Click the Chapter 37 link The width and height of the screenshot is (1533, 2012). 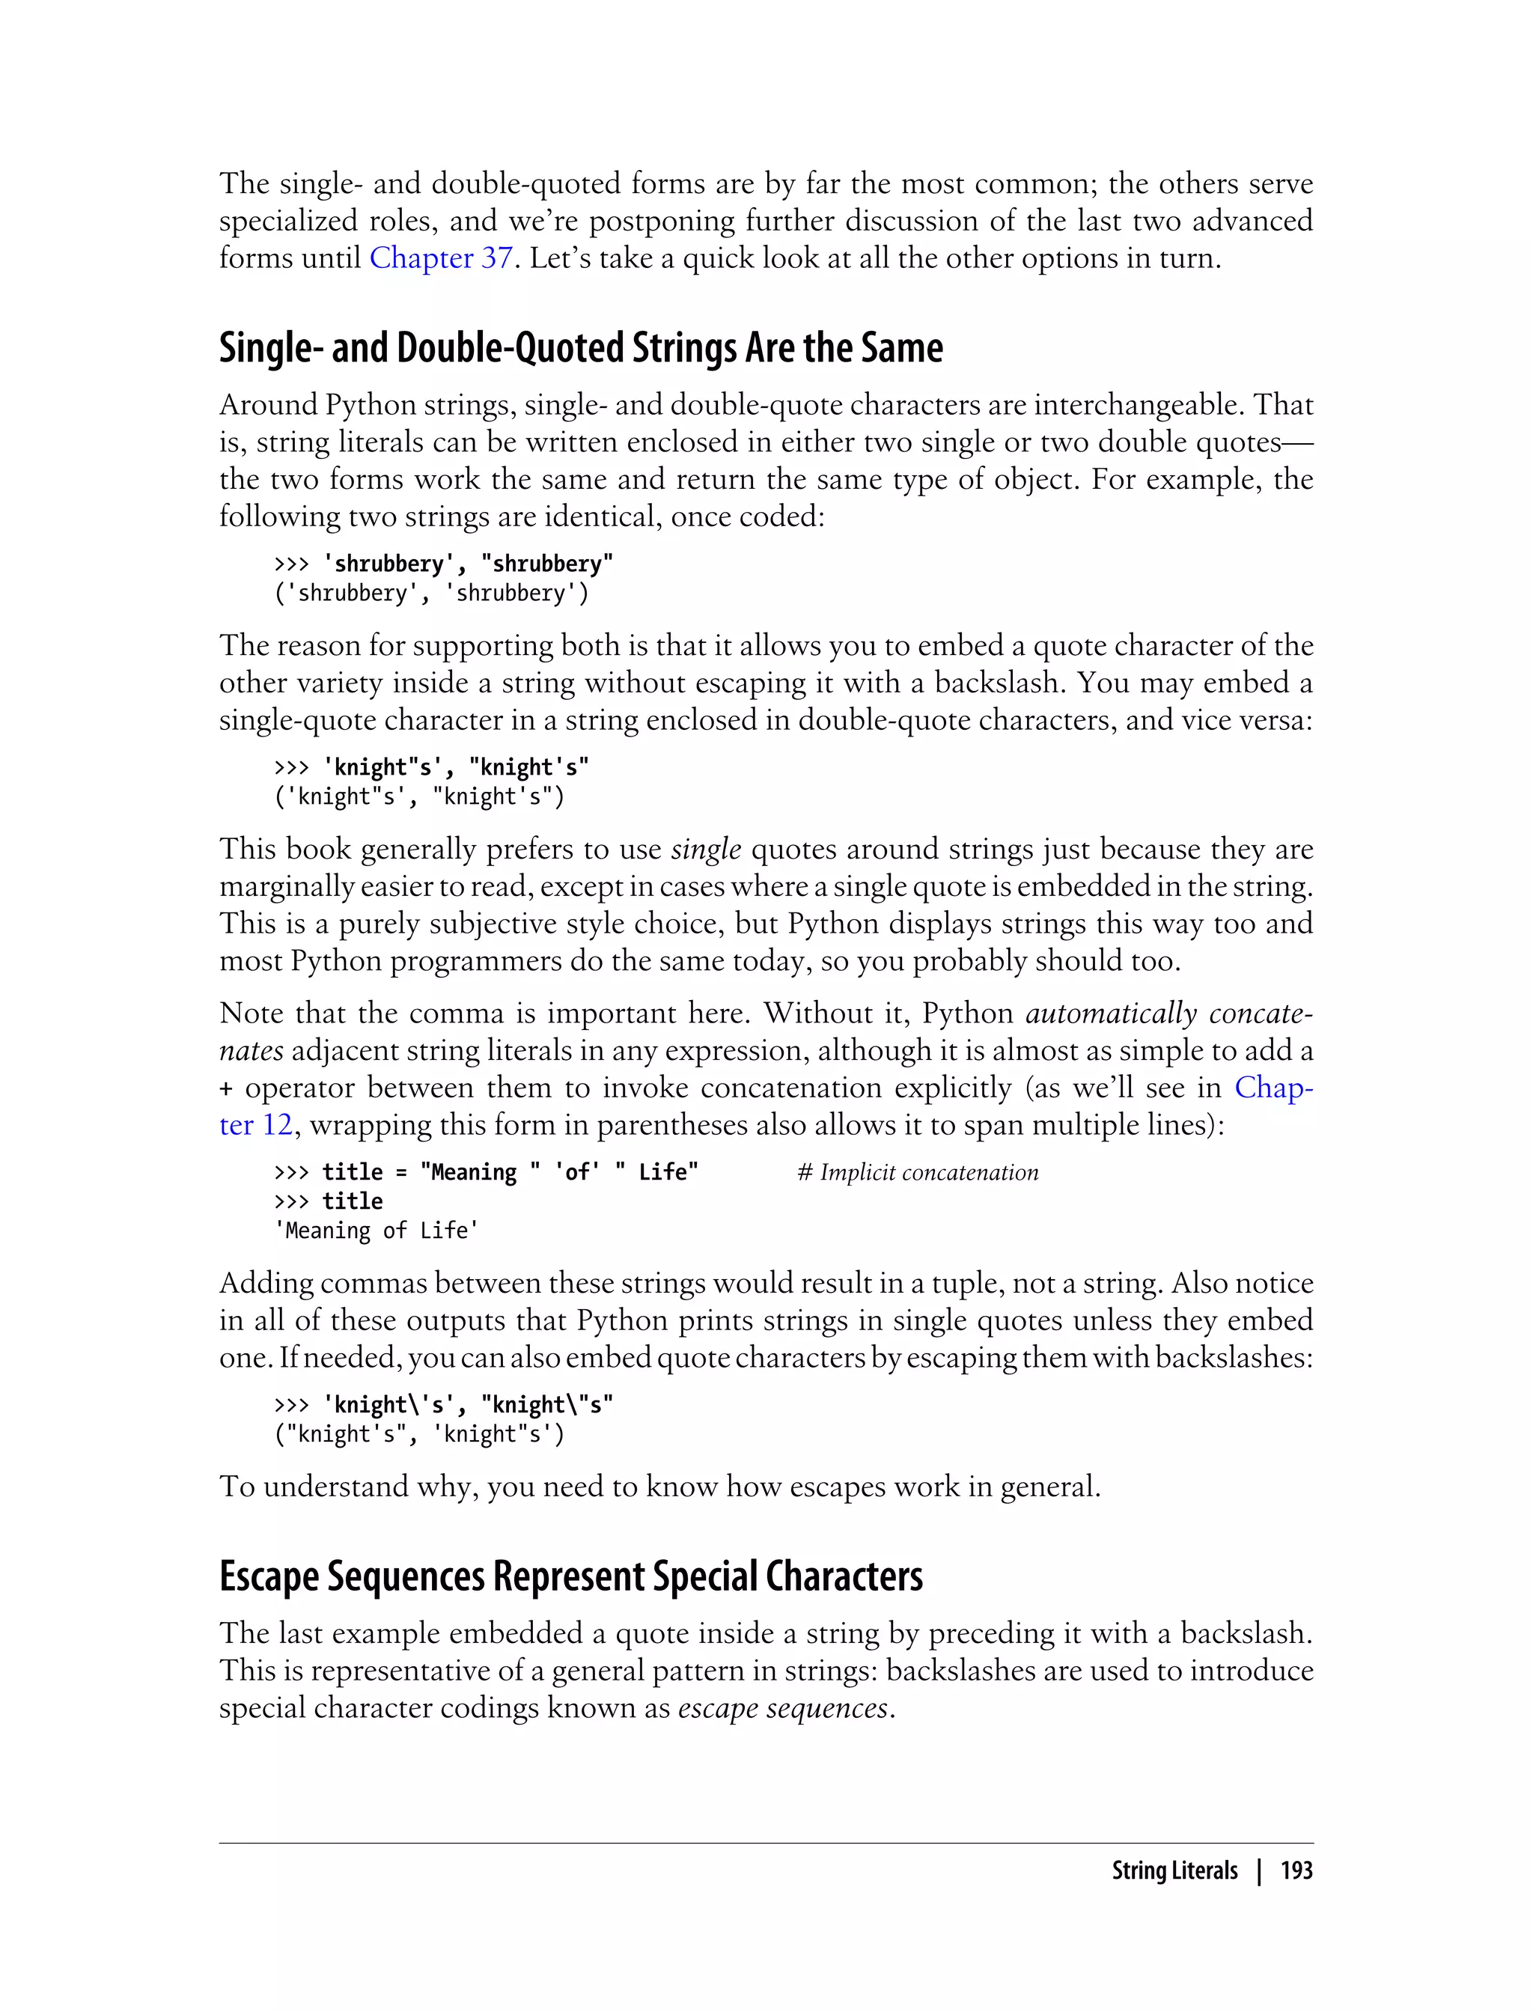tap(440, 258)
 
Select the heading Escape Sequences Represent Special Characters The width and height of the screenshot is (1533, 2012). tap(570, 1576)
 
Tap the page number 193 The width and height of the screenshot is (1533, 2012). tap(1296, 1871)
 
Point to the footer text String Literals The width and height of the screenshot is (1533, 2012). tap(1174, 1871)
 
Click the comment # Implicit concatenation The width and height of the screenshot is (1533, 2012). tap(917, 1172)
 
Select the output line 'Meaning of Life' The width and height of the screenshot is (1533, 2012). tap(377, 1231)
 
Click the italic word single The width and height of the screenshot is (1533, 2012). tap(705, 850)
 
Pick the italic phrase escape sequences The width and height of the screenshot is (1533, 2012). tap(782, 1708)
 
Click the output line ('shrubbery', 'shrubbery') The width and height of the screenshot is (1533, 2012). tap(432, 593)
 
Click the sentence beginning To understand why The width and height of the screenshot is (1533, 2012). tap(659, 1487)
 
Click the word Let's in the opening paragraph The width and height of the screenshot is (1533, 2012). tap(558, 258)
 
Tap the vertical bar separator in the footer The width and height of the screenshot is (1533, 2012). tap(1259, 1871)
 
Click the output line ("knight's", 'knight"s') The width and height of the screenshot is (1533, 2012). tap(420, 1433)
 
